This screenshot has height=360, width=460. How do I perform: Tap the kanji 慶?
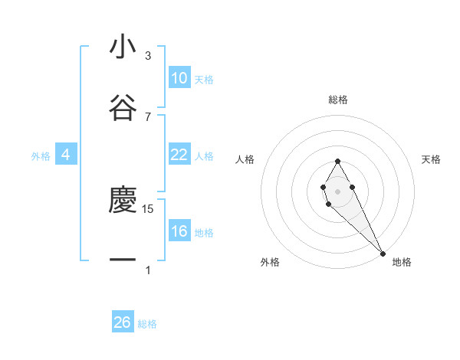click(x=123, y=201)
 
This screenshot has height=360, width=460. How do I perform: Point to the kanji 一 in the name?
click(x=123, y=260)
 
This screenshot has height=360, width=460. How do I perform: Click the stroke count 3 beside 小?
click(x=148, y=56)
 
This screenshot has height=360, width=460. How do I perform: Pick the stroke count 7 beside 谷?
click(x=148, y=116)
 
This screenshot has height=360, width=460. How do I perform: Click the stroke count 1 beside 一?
click(x=148, y=270)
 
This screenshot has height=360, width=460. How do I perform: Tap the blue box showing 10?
click(x=179, y=78)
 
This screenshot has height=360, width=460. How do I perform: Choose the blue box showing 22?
click(x=179, y=155)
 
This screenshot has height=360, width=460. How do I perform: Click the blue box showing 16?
click(x=179, y=231)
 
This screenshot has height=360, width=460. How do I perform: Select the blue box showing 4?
click(x=65, y=155)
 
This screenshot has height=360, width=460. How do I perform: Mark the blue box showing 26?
click(x=123, y=322)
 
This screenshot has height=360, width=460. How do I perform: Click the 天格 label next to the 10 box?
click(x=204, y=80)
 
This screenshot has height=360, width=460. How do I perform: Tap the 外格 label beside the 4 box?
click(x=41, y=156)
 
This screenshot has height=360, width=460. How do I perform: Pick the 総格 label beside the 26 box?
click(x=147, y=324)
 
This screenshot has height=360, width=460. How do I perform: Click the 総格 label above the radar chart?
click(x=338, y=100)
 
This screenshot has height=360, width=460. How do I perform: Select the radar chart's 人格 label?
click(x=245, y=159)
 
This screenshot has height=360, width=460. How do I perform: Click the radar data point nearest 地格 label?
click(x=383, y=253)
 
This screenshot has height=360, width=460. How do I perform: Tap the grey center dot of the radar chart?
click(x=337, y=190)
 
